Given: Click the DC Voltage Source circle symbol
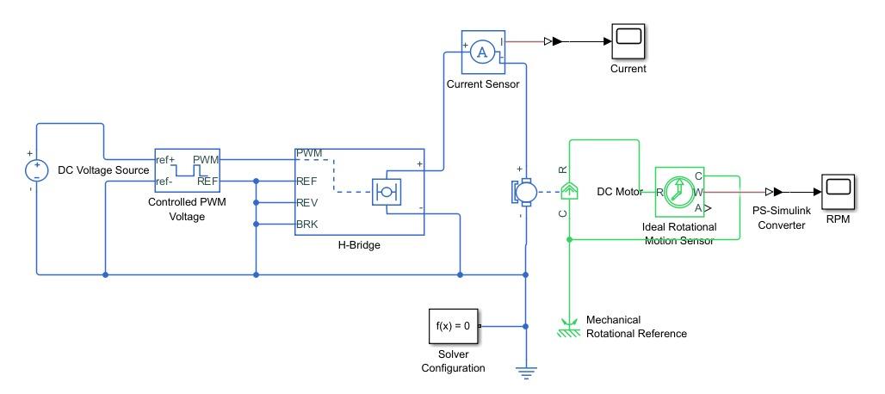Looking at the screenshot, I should tap(36, 169).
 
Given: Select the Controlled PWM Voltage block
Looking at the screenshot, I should tap(188, 171).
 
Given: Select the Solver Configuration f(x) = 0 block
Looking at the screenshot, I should tap(453, 326).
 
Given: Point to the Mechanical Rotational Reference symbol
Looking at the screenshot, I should tap(567, 327).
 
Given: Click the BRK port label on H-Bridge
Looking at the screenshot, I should tap(307, 224).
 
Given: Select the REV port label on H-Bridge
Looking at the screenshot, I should tap(307, 203).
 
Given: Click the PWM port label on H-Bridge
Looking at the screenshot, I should tap(310, 153).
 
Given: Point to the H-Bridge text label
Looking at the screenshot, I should tap(359, 244).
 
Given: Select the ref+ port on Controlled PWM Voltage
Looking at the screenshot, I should tap(165, 160).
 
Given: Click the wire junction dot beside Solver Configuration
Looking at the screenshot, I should tap(525, 326).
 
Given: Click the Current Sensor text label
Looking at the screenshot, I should tap(482, 84).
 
